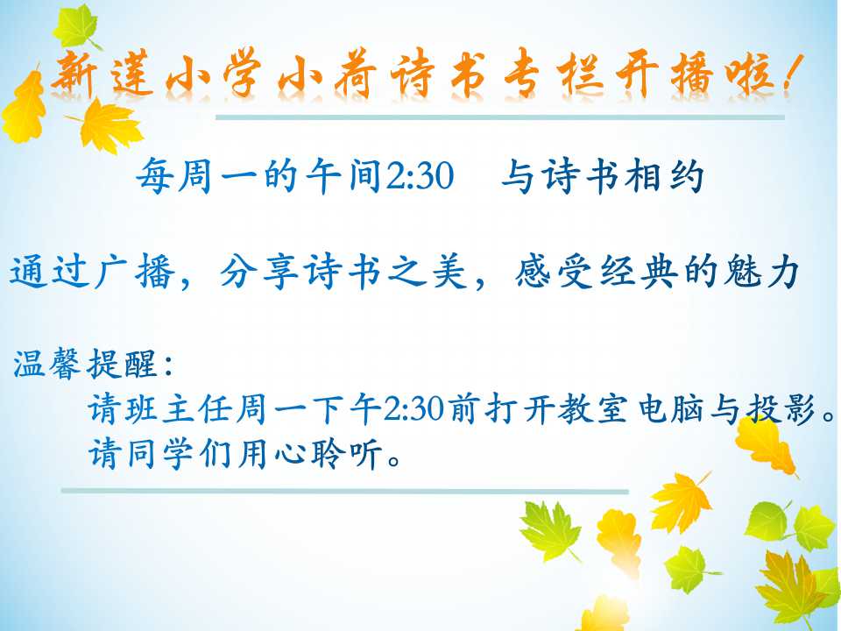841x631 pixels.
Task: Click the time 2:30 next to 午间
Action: coord(420,176)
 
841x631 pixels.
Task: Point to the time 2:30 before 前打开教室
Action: coord(414,410)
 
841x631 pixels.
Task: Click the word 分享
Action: coord(259,272)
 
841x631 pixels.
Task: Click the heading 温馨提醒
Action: coord(85,364)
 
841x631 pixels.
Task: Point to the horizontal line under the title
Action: coord(500,117)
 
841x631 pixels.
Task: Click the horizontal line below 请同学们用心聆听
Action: coord(344,491)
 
